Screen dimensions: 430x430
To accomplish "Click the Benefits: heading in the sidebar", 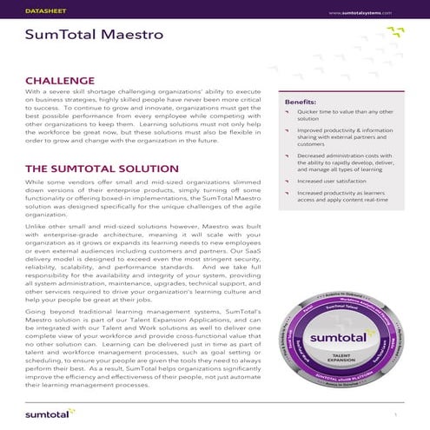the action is click(301, 103).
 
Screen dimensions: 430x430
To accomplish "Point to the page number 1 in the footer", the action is click(396, 414).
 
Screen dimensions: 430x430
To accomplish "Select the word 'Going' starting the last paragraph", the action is click(36, 311).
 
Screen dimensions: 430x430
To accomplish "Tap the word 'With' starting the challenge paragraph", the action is click(34, 91).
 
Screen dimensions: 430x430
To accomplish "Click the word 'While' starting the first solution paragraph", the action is click(36, 182).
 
